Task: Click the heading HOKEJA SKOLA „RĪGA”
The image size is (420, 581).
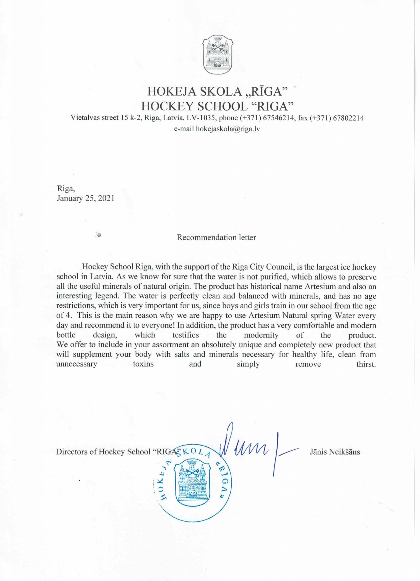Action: pyautogui.click(x=217, y=92)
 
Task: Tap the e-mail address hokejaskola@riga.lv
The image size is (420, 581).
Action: pyautogui.click(x=228, y=129)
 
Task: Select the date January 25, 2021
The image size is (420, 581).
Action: pyautogui.click(x=85, y=198)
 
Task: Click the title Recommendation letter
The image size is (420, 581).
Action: pyautogui.click(x=216, y=237)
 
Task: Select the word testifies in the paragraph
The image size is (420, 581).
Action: pyautogui.click(x=185, y=335)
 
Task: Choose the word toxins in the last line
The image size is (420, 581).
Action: pyautogui.click(x=143, y=364)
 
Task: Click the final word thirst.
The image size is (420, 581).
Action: pyautogui.click(x=366, y=364)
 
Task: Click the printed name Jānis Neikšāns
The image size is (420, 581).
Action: pyautogui.click(x=335, y=452)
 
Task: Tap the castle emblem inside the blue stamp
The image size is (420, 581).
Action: pyautogui.click(x=192, y=482)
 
